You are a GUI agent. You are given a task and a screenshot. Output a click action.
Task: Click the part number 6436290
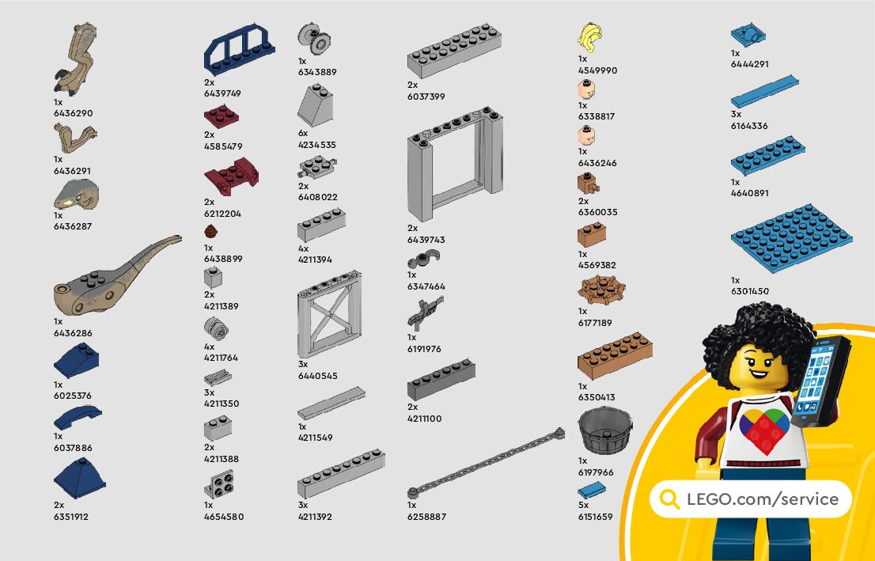pos(73,113)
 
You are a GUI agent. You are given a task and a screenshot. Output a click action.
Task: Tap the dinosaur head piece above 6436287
pos(77,194)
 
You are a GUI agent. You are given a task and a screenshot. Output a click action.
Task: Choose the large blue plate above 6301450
pos(791,238)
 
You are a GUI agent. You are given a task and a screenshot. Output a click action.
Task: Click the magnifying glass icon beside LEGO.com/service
pos(670,499)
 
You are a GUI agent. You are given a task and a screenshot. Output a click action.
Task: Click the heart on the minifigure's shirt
pos(764,430)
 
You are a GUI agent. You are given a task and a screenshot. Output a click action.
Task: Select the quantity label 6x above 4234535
pos(303,134)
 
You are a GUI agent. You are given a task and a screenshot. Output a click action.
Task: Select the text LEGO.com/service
pos(762,499)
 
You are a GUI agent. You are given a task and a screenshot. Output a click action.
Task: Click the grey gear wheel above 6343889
pos(314,37)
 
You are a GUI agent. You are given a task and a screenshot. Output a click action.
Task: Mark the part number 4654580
pos(224,517)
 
